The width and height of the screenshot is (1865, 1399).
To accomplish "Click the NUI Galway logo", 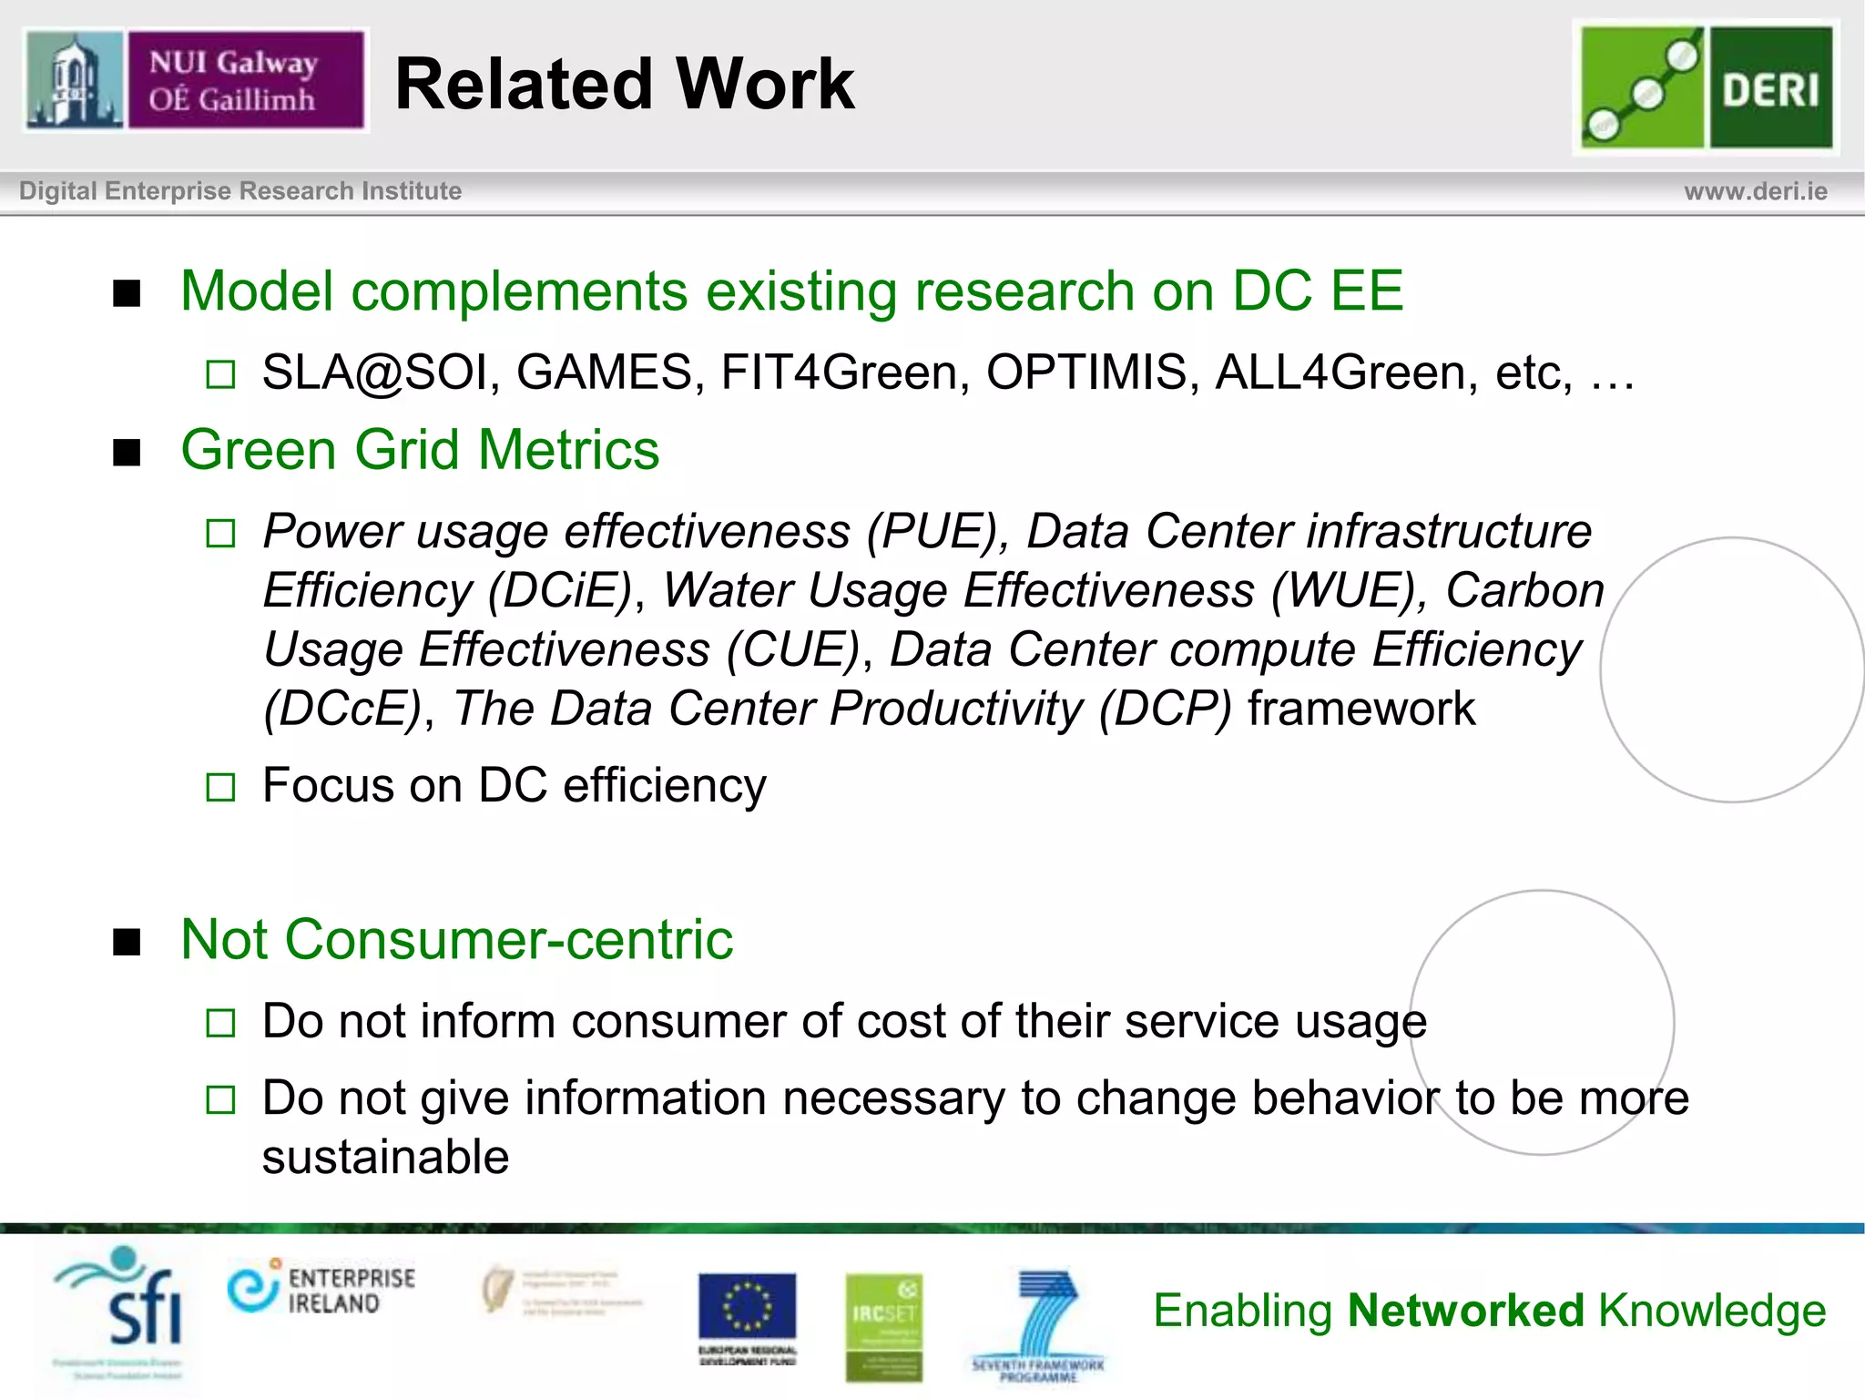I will pyautogui.click(x=196, y=80).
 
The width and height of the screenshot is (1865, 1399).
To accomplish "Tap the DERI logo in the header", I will pyautogui.click(x=1706, y=87).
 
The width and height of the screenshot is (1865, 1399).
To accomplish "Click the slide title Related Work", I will pyautogui.click(x=625, y=84).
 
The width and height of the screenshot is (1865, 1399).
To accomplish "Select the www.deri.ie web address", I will pyautogui.click(x=1755, y=191).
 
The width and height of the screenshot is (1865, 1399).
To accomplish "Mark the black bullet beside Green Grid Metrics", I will pyautogui.click(x=127, y=453).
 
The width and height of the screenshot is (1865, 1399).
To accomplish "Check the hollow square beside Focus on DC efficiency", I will pyautogui.click(x=220, y=787).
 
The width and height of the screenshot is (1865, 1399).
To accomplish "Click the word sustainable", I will pyautogui.click(x=385, y=1157).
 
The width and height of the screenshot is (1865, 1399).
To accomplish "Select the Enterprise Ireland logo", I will pyautogui.click(x=321, y=1289).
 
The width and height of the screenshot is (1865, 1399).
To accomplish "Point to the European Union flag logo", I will pyautogui.click(x=747, y=1308).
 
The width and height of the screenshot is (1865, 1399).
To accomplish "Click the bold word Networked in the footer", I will pyautogui.click(x=1466, y=1311).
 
